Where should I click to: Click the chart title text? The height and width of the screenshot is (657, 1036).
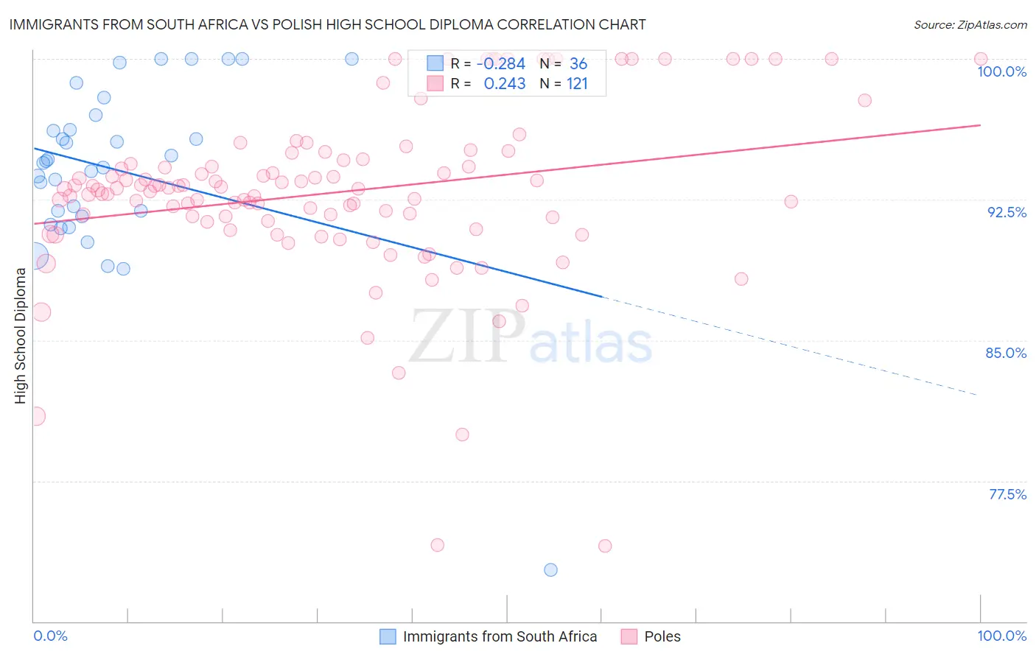327,24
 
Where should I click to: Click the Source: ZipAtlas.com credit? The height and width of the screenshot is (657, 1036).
970,24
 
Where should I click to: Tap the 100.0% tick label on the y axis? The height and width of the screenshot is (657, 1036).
1001,71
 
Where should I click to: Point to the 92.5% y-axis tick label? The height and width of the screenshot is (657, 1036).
1007,212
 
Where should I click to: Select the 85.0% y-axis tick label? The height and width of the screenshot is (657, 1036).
1006,353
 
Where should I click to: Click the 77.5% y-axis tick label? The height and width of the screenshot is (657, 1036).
1007,494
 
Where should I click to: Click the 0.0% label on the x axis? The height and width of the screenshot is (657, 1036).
50,636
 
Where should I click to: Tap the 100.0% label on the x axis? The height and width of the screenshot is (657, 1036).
1001,636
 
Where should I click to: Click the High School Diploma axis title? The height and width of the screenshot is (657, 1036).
20,335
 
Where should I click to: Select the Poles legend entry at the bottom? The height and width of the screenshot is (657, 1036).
662,636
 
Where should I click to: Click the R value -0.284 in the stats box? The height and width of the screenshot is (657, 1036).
501,64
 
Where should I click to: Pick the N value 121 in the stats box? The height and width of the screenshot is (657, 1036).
577,84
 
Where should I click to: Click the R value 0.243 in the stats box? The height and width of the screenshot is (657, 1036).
505,84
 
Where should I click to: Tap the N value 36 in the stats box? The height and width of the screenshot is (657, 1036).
578,64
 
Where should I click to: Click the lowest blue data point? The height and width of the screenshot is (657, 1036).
550,569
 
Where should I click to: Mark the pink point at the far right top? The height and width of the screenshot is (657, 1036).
981,59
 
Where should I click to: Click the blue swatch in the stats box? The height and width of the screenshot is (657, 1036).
435,63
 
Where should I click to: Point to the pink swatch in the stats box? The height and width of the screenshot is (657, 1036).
435,83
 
